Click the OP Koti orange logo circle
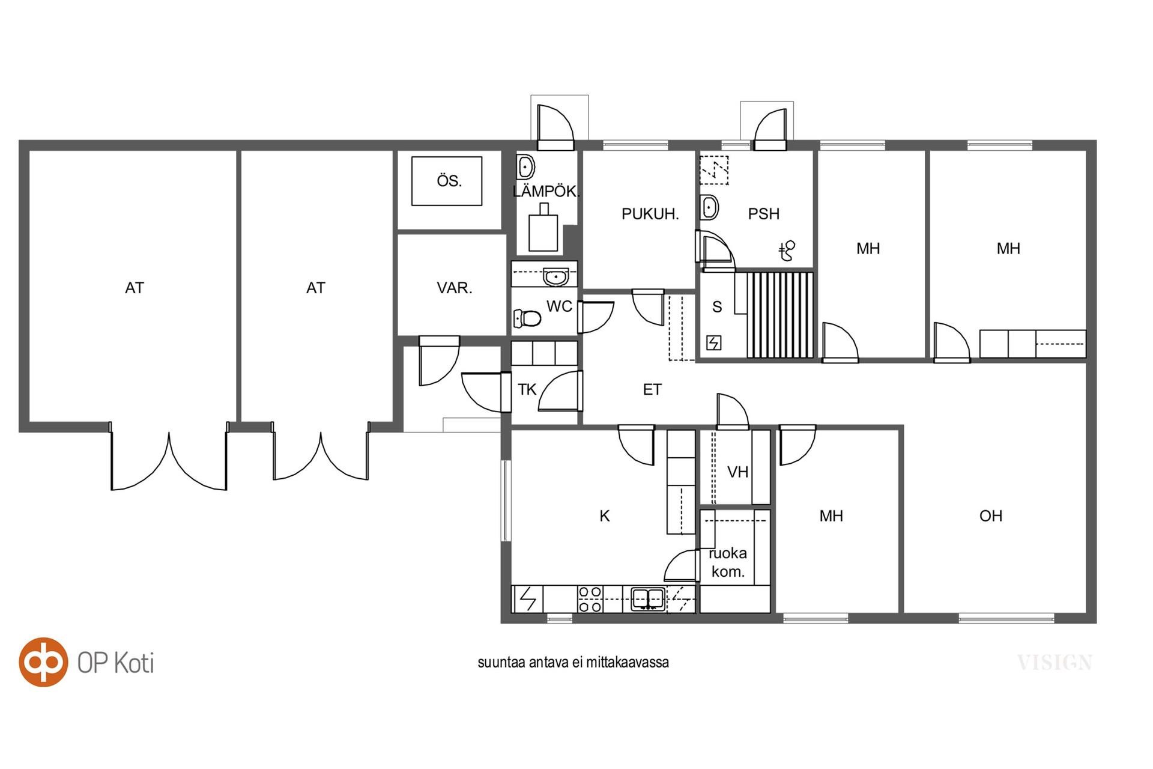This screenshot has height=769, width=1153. click(x=43, y=661)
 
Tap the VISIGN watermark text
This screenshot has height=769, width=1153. click(x=1055, y=663)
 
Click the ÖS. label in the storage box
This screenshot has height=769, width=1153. click(x=449, y=181)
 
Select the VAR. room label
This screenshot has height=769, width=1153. click(x=455, y=288)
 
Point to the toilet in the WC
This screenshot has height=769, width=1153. click(x=527, y=318)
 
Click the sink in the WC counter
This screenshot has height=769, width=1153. click(x=556, y=278)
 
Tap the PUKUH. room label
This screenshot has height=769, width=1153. click(x=650, y=214)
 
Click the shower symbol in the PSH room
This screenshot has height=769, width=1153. click(x=787, y=251)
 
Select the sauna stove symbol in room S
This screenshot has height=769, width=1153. click(x=714, y=342)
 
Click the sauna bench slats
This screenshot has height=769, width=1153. click(x=780, y=315)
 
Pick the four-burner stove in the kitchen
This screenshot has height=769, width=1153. click(x=590, y=600)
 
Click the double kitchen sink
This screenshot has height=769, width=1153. click(x=648, y=599)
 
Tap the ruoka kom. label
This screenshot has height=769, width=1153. click(x=728, y=562)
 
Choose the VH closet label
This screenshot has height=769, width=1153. click(x=737, y=472)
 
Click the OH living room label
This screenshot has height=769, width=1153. click(x=991, y=515)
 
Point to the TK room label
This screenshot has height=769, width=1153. click(x=527, y=390)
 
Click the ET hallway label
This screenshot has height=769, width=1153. click(x=652, y=390)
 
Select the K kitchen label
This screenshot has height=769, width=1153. click(x=605, y=515)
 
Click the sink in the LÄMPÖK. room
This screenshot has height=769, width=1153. click(x=526, y=166)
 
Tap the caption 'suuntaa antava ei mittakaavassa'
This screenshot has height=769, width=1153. click(x=573, y=662)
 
